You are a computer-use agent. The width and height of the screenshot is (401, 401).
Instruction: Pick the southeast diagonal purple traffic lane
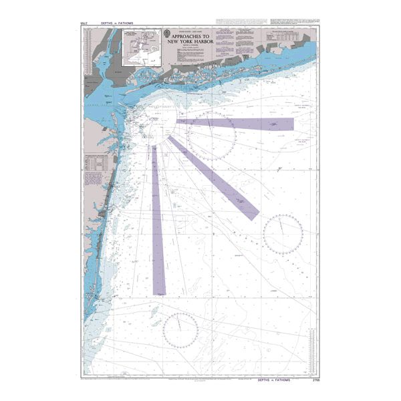click(x=214, y=177)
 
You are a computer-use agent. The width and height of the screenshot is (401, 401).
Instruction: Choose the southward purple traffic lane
click(x=158, y=221)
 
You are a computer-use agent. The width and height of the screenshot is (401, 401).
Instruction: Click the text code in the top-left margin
click(x=83, y=25)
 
